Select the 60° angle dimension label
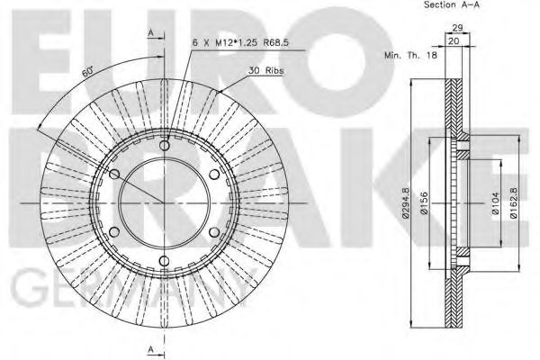tap(88, 69)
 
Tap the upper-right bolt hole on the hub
tap(214, 175)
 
